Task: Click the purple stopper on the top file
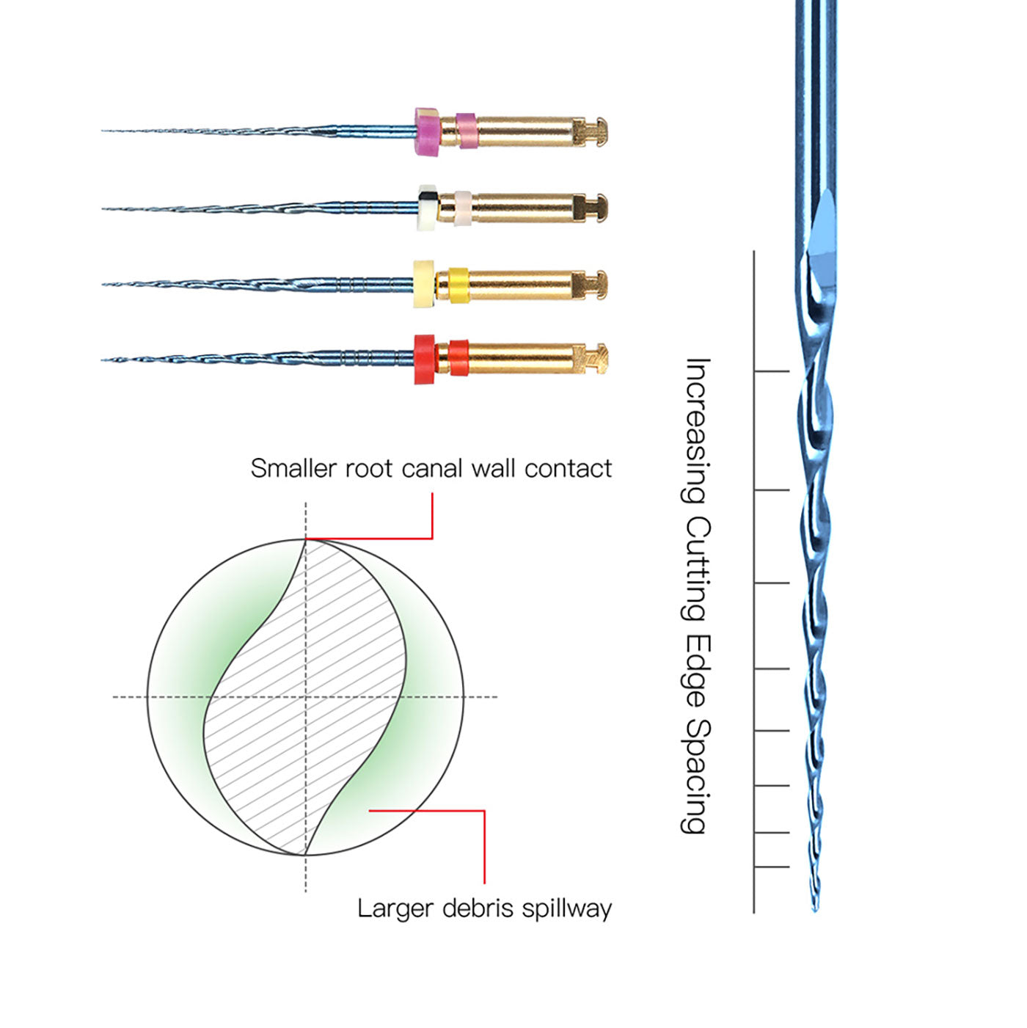tap(426, 133)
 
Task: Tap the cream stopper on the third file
tap(423, 284)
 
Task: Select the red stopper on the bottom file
tap(424, 360)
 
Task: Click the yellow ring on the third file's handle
tap(458, 285)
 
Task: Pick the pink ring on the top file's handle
tap(466, 131)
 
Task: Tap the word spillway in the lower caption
tap(567, 908)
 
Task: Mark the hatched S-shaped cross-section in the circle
tap(305, 697)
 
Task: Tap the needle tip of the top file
tap(103, 131)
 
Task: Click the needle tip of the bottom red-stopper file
tap(103, 360)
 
